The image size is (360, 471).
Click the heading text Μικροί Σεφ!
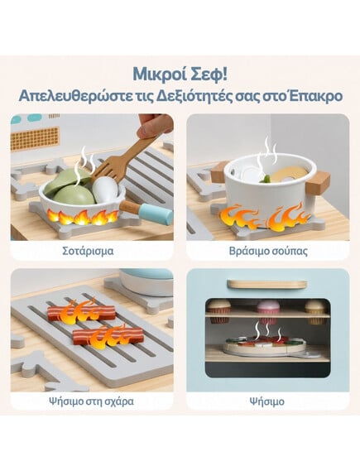pyautogui.click(x=180, y=74)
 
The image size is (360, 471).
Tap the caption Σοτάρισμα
pyautogui.click(x=88, y=251)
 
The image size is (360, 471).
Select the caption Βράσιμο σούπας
pyautogui.click(x=268, y=251)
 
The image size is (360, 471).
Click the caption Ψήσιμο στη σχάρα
pyautogui.click(x=92, y=401)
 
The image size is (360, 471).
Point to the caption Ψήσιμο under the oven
pyautogui.click(x=267, y=401)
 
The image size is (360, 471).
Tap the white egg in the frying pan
pyautogui.click(x=104, y=190)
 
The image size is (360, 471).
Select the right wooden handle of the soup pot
pyautogui.click(x=317, y=182)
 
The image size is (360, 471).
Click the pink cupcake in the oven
pyautogui.click(x=268, y=311)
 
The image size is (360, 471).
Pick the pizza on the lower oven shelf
pyautogui.click(x=264, y=345)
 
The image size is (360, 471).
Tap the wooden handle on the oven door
pyautogui.click(x=267, y=284)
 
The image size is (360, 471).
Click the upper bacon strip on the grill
pyautogui.click(x=81, y=313)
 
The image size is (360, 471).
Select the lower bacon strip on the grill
pyautogui.click(x=108, y=337)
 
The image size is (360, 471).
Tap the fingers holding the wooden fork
pyautogui.click(x=156, y=125)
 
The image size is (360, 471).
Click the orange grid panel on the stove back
pyautogui.click(x=35, y=139)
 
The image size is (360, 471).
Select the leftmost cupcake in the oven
pyautogui.click(x=219, y=312)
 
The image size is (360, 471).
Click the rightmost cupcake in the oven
pyautogui.click(x=315, y=312)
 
